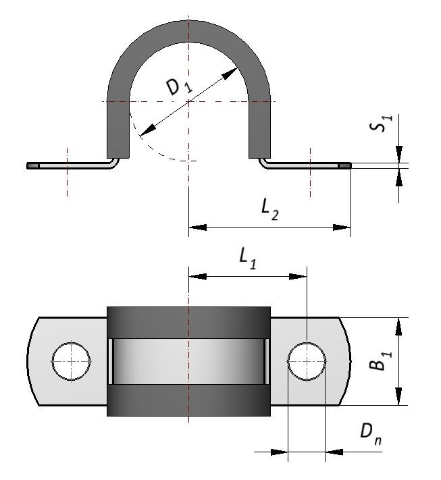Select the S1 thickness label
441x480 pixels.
384,124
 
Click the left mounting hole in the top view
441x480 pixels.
71,361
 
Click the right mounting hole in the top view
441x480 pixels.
307,361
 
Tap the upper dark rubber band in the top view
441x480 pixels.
188,322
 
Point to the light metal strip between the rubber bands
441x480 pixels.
188,361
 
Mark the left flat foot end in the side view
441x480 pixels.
32,165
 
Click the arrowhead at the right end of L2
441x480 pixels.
344,228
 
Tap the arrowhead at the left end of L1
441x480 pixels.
196,276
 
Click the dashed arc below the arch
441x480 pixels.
155,153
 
